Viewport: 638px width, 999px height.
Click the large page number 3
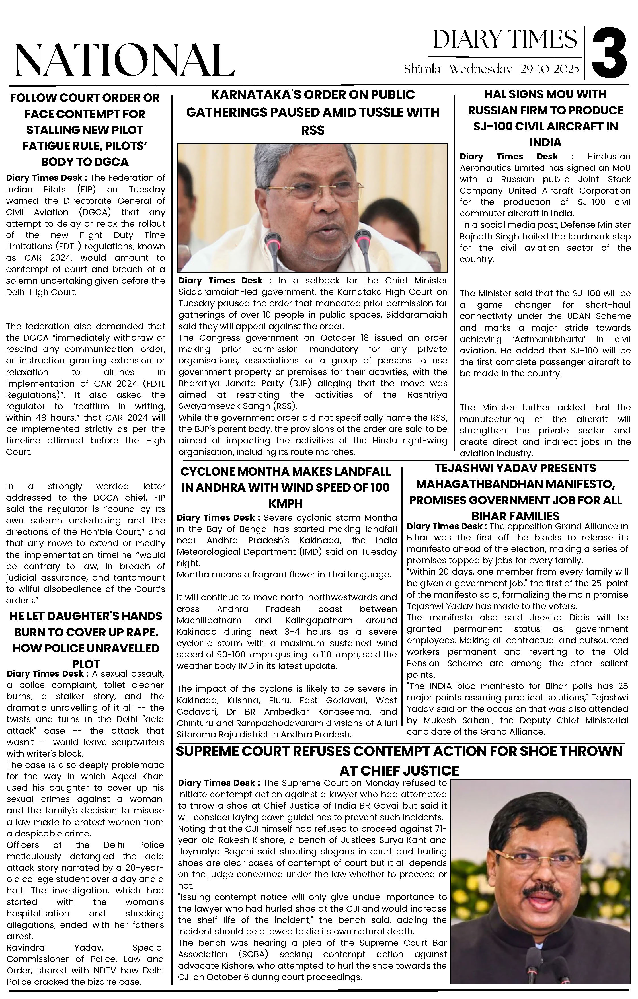click(x=609, y=53)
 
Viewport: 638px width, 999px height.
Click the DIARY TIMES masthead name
click(x=505, y=40)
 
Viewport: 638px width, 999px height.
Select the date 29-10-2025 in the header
click(x=549, y=69)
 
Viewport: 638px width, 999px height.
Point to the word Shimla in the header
click(x=422, y=69)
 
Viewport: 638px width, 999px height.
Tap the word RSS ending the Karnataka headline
click(x=313, y=130)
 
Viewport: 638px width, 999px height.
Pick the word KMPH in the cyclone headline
click(x=286, y=504)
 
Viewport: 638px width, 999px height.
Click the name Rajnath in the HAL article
click(x=473, y=237)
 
